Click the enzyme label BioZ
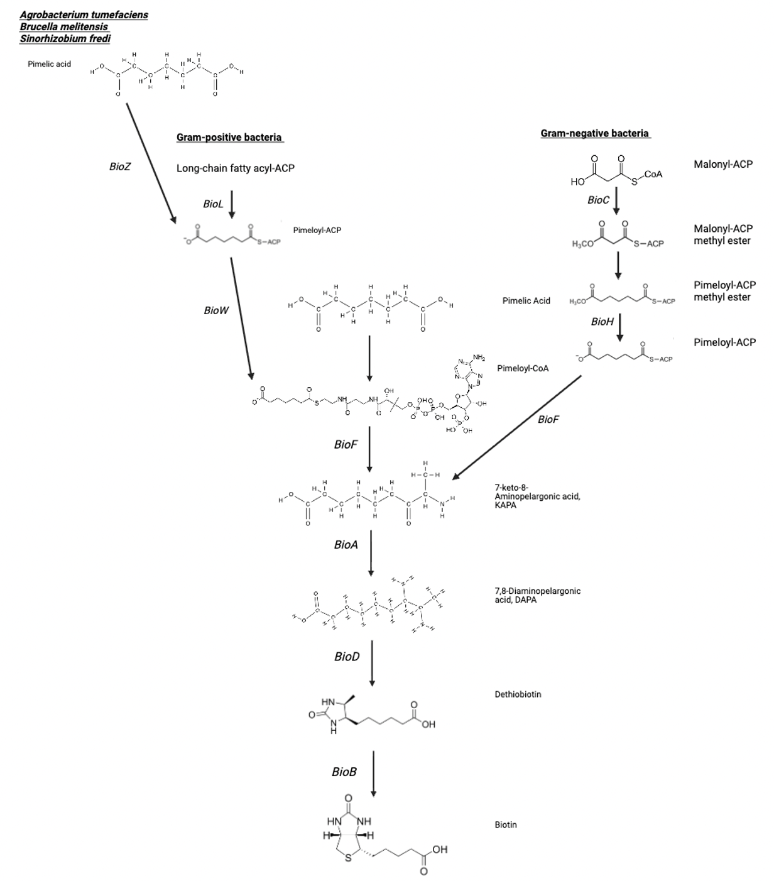pyautogui.click(x=119, y=167)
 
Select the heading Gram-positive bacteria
pyautogui.click(x=229, y=137)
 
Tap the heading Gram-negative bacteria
pyautogui.click(x=595, y=133)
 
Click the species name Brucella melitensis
pyautogui.click(x=64, y=27)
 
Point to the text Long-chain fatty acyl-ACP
pyautogui.click(x=235, y=168)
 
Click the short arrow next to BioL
pyautogui.click(x=232, y=204)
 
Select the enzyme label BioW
pyautogui.click(x=216, y=310)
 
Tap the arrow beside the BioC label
pyautogui.click(x=616, y=202)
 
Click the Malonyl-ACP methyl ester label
pyautogui.click(x=722, y=234)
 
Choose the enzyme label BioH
pyautogui.click(x=602, y=322)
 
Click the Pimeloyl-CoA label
pyautogui.click(x=523, y=368)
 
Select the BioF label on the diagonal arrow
pyautogui.click(x=548, y=419)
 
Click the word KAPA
pyautogui.click(x=505, y=505)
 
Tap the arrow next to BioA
pyautogui.click(x=371, y=553)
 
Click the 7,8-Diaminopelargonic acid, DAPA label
pyautogui.click(x=537, y=595)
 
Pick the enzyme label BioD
pyautogui.click(x=347, y=657)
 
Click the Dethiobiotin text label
pyautogui.click(x=518, y=694)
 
